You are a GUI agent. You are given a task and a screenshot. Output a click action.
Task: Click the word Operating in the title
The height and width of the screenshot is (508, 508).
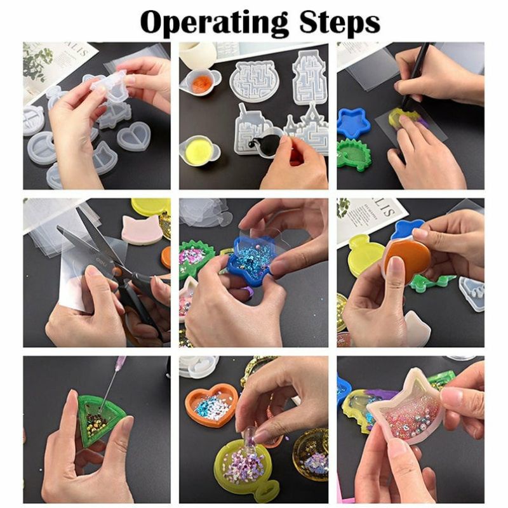pyautogui.click(x=214, y=22)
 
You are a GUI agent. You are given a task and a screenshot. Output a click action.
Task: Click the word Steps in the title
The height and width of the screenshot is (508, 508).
pyautogui.click(x=340, y=22)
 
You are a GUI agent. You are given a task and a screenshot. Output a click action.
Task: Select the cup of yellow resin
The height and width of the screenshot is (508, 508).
pyautogui.click(x=198, y=151)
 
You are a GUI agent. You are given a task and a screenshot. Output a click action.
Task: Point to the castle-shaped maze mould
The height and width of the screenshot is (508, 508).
pyautogui.click(x=306, y=126)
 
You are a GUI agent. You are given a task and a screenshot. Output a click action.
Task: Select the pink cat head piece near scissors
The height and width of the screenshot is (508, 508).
pyautogui.click(x=141, y=229)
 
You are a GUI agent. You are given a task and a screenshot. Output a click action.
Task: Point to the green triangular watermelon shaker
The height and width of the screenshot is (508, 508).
pyautogui.click(x=101, y=417)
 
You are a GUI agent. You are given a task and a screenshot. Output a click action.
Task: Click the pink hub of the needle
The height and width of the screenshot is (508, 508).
pyautogui.click(x=121, y=361)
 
